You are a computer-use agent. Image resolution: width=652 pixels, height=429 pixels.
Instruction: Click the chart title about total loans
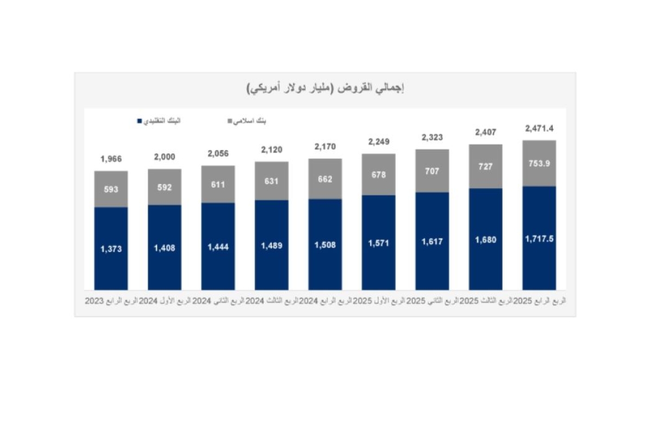click(325, 88)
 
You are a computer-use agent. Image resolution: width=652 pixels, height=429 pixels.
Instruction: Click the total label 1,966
click(111, 159)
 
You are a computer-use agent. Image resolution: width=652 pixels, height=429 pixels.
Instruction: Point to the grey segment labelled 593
click(111, 189)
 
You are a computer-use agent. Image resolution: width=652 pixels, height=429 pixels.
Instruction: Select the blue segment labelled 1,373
click(111, 248)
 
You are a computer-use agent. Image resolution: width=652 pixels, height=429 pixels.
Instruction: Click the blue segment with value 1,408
click(164, 247)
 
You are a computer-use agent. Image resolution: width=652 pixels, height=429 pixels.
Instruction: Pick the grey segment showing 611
click(218, 184)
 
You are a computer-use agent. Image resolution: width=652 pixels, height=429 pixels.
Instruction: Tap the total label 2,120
click(271, 150)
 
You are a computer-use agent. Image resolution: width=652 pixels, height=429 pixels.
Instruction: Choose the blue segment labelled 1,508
click(325, 245)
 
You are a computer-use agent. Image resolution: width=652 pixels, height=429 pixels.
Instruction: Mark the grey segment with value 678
click(378, 175)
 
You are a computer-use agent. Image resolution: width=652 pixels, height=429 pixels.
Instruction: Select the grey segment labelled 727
click(485, 166)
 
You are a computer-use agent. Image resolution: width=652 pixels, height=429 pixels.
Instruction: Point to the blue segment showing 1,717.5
click(539, 238)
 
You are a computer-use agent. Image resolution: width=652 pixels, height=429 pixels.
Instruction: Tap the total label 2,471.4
click(539, 129)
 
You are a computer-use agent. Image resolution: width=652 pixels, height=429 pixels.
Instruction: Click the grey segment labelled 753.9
click(539, 163)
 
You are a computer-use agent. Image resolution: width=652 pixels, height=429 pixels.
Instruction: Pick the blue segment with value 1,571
click(378, 243)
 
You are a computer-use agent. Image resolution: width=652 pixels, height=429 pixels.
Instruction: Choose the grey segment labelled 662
click(325, 179)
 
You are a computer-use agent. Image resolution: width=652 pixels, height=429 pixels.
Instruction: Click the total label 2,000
click(164, 157)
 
